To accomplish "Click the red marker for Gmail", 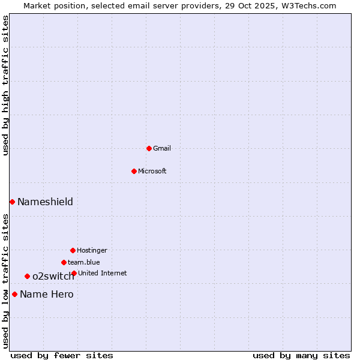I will tap(149, 148).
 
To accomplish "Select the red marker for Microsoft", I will tap(134, 171).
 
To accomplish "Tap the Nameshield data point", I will tap(12, 202).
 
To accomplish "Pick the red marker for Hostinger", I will tap(73, 250).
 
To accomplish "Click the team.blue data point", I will tap(64, 262).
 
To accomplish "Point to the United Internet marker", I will tap(74, 273).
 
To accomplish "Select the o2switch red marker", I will tap(27, 276).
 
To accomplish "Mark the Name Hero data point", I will tap(14, 294).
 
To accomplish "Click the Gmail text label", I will tap(162, 148).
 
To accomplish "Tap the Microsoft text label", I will tap(152, 171).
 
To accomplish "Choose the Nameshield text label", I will tap(45, 202).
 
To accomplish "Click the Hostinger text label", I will tap(92, 250).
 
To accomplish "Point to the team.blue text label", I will tap(84, 262).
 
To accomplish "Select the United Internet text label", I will tap(103, 273).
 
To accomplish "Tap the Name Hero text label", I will tap(47, 294).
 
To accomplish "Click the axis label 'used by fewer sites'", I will tap(62, 355).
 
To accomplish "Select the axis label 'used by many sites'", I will tap(301, 355).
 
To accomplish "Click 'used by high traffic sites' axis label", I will tap(5, 85).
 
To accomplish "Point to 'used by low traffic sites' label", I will tap(5, 281).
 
